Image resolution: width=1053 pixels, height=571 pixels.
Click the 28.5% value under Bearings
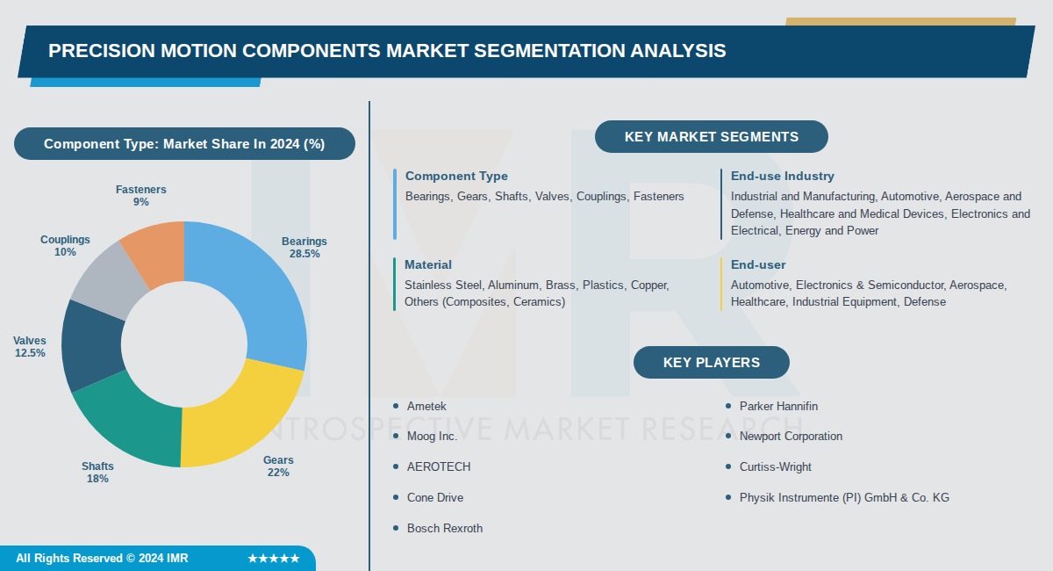click(x=304, y=254)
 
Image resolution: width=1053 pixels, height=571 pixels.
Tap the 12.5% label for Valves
click(x=30, y=353)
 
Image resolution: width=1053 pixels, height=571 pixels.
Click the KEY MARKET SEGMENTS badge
click(x=711, y=137)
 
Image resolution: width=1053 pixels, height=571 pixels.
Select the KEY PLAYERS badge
click(x=711, y=362)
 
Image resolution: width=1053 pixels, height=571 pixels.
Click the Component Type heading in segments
click(x=456, y=177)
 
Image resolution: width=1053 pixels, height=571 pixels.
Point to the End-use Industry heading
click(x=782, y=177)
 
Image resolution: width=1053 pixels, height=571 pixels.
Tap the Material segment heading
click(x=428, y=264)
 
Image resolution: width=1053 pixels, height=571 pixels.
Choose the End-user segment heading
click(x=758, y=264)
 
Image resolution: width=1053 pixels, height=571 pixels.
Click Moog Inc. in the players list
click(x=432, y=437)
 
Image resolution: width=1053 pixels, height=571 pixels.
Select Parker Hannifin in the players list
click(x=778, y=406)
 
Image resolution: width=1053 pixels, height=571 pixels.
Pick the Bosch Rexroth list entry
click(x=445, y=528)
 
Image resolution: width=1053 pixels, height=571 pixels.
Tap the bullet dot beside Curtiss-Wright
click(x=728, y=467)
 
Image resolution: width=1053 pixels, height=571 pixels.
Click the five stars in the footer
click(x=274, y=559)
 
